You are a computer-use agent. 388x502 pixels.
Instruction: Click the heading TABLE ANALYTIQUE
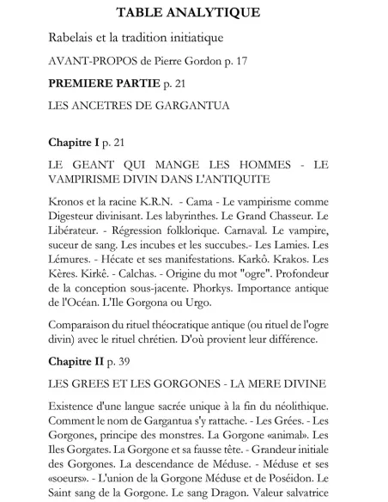194,13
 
